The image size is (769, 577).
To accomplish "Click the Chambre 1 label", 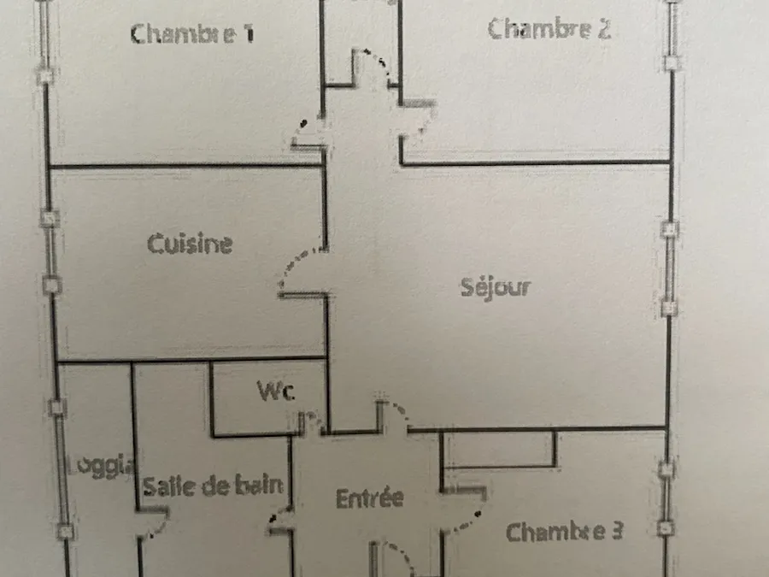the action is [x=192, y=34].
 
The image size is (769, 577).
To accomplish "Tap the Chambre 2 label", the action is [x=549, y=28].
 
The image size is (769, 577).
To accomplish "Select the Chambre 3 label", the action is [x=565, y=532].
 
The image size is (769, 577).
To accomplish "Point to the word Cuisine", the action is [x=190, y=244].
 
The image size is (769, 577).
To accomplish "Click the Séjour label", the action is [x=496, y=287].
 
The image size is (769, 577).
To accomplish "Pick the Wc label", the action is [x=276, y=391].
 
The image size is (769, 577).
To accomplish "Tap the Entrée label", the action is [x=370, y=498].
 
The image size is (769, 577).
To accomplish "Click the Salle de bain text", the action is [x=213, y=486].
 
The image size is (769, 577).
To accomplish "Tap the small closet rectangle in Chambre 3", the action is [x=499, y=449].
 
